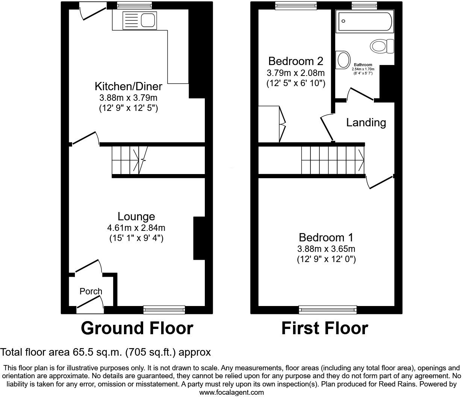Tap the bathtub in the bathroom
(x=365, y=21)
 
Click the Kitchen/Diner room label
(x=128, y=86)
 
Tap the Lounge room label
(x=136, y=217)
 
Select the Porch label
(x=91, y=291)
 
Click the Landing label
(x=366, y=123)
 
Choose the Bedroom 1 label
(x=326, y=238)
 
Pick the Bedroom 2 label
(x=295, y=61)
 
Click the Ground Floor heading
(x=137, y=328)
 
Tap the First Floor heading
(x=324, y=328)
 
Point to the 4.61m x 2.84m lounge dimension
(x=136, y=228)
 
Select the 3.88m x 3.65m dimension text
(x=326, y=249)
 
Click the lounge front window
(x=164, y=309)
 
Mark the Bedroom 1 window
(x=328, y=309)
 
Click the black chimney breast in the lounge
(x=199, y=238)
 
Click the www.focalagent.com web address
(x=231, y=392)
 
